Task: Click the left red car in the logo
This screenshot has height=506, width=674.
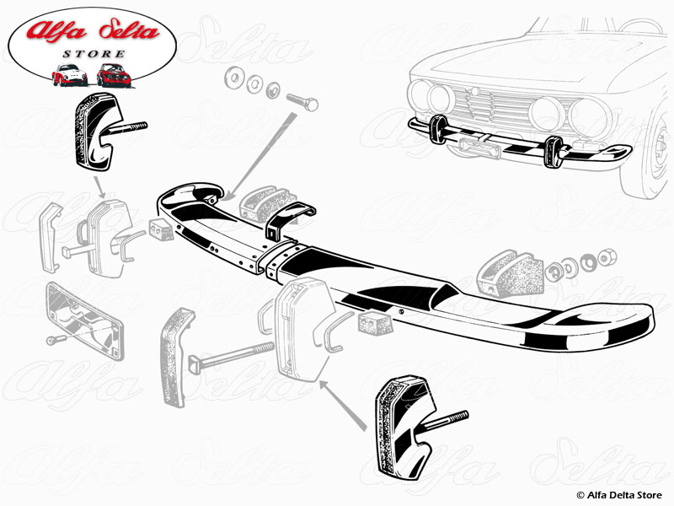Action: pos(70,74)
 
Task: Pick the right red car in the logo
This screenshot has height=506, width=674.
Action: pos(113,74)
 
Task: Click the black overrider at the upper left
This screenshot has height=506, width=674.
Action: pos(99,130)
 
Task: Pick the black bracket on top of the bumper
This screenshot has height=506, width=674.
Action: pos(286,222)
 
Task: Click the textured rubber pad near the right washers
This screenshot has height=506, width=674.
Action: pos(509,273)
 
